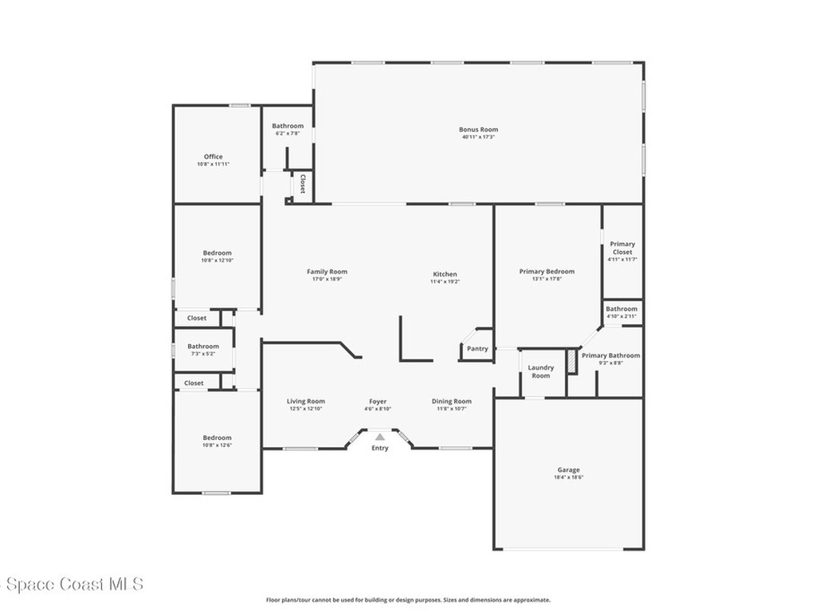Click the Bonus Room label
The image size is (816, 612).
(x=478, y=129)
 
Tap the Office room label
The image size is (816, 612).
(x=213, y=157)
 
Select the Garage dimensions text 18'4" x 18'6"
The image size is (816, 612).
(x=568, y=477)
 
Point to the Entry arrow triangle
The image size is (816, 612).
(x=380, y=437)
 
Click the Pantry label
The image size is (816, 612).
(x=477, y=348)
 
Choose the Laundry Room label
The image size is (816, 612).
(x=541, y=371)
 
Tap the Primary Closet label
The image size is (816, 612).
(x=622, y=248)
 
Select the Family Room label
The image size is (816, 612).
(x=327, y=272)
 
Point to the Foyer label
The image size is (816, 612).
(x=378, y=402)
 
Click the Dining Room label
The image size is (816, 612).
(x=452, y=402)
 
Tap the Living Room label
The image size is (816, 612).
(x=306, y=402)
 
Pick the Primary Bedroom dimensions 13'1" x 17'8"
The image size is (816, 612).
(x=547, y=279)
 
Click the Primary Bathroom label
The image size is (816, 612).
(x=610, y=355)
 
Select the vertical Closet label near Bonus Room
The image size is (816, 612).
(x=303, y=184)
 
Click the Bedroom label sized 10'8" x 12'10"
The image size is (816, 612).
(x=217, y=253)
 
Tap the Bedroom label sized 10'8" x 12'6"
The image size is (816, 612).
(x=217, y=437)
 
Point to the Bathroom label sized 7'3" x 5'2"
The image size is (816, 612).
(x=203, y=347)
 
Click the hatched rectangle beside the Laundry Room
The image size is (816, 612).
(x=571, y=360)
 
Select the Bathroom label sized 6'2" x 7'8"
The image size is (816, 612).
(x=288, y=126)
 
